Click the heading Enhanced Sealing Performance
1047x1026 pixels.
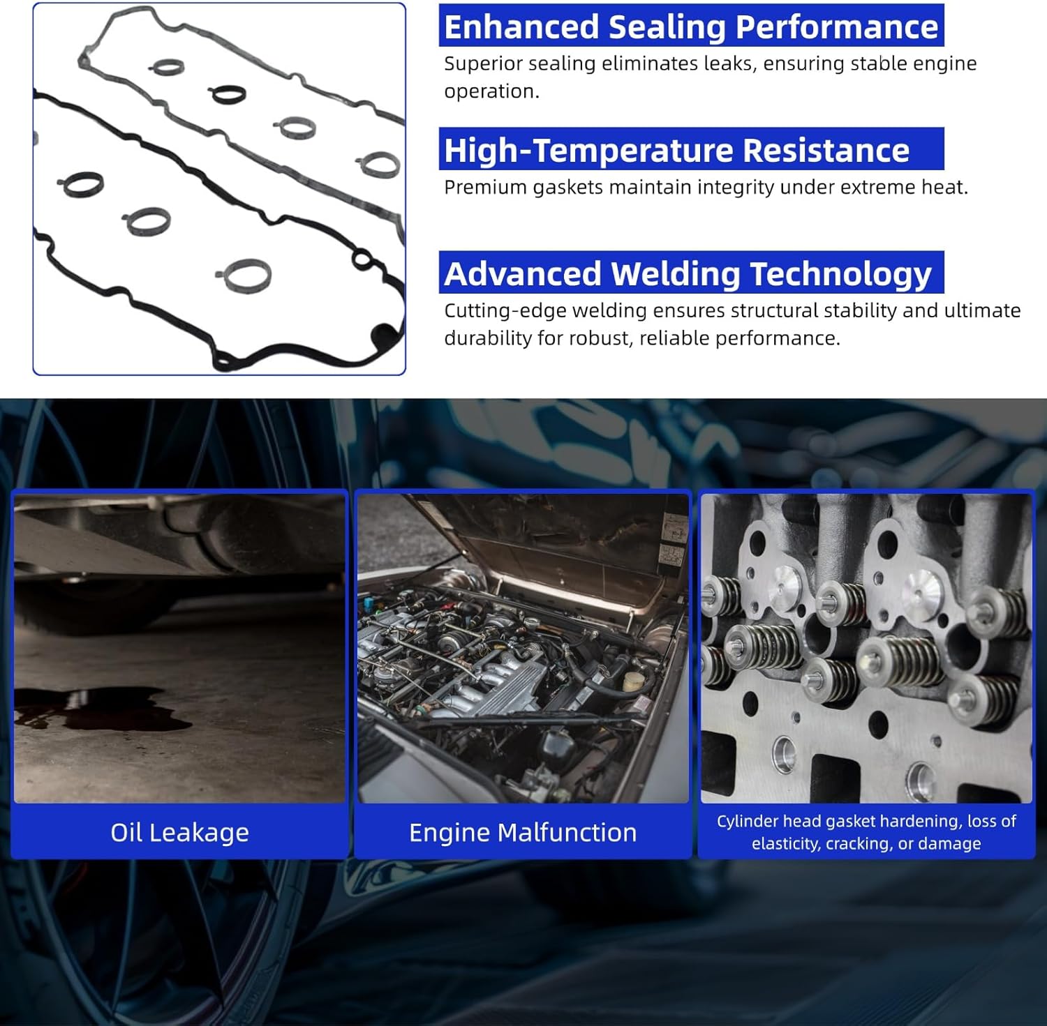[x=691, y=27]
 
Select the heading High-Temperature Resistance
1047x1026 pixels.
[x=677, y=151]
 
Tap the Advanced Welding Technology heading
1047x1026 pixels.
[x=688, y=274]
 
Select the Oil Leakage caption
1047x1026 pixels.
[x=179, y=832]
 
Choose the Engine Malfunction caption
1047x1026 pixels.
[x=523, y=832]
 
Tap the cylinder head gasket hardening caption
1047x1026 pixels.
[x=866, y=832]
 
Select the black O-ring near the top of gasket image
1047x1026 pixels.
[x=228, y=93]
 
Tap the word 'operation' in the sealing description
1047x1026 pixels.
[x=491, y=91]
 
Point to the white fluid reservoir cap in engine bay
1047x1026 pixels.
[x=634, y=681]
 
